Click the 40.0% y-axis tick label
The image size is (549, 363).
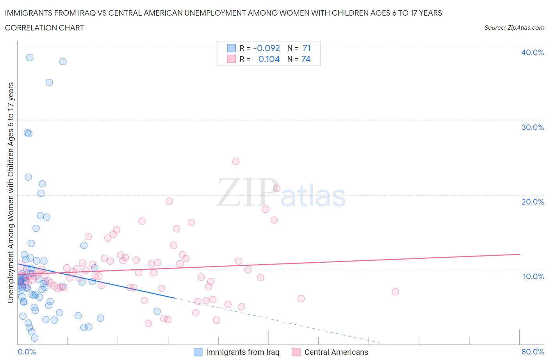pyautogui.click(x=532, y=52)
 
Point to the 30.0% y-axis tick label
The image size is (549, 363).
pyautogui.click(x=532, y=127)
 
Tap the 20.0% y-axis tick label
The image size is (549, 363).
pyautogui.click(x=532, y=202)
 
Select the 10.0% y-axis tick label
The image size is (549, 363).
pyautogui.click(x=533, y=276)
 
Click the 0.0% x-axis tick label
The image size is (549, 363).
pyautogui.click(x=27, y=352)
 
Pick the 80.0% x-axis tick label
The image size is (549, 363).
pyautogui.click(x=533, y=352)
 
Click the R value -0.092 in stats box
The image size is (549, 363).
pyautogui.click(x=267, y=48)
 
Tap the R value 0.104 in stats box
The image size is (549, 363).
pyautogui.click(x=269, y=59)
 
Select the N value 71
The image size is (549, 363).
pyautogui.click(x=307, y=48)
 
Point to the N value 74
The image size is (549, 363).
pyautogui.click(x=306, y=59)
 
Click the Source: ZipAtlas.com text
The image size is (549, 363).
pyautogui.click(x=514, y=27)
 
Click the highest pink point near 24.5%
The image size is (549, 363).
pyautogui.click(x=235, y=161)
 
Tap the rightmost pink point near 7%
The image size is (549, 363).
pyautogui.click(x=395, y=292)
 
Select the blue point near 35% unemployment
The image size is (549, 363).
pyautogui.click(x=49, y=82)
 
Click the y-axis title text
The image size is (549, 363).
pyautogui.click(x=11, y=193)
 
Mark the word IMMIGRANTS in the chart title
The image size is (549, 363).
pyautogui.click(x=27, y=13)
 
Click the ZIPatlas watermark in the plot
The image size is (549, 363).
pyautogui.click(x=281, y=193)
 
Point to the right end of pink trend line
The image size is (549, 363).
pyautogui.click(x=519, y=254)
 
